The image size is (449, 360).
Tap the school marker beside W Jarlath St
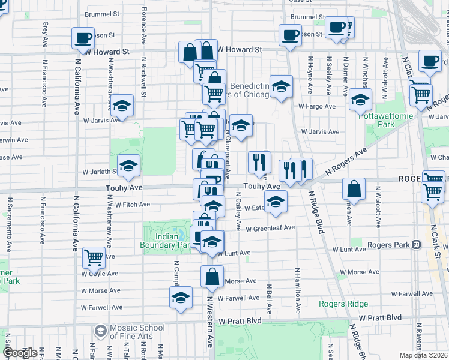tap(128, 166)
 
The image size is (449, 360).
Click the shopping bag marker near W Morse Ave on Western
tap(212, 277)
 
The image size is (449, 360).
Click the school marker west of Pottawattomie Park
tap(360, 100)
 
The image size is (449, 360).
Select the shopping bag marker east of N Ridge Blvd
tap(354, 189)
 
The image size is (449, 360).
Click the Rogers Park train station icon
tap(415, 245)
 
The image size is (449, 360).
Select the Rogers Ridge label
tap(344, 304)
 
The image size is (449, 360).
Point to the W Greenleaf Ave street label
tap(272, 228)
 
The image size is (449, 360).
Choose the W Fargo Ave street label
tap(316, 106)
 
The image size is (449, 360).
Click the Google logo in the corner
tap(19, 353)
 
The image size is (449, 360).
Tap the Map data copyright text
tap(424, 355)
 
